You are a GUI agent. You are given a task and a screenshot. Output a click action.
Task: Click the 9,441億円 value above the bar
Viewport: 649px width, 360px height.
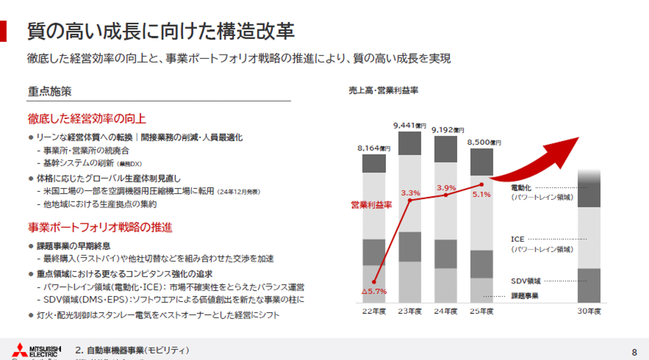click(409, 126)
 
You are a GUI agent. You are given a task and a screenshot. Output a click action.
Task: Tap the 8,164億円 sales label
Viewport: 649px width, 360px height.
click(374, 148)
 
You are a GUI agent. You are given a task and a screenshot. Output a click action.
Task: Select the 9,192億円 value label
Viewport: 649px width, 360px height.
click(448, 130)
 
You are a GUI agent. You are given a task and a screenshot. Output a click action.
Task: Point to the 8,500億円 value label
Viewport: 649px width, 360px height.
click(484, 142)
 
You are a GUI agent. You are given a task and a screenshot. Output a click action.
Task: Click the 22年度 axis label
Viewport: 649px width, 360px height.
click(374, 311)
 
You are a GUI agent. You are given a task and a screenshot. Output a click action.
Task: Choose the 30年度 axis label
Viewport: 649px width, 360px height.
click(589, 311)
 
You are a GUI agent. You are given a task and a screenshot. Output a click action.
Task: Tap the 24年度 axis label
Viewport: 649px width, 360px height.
click(446, 311)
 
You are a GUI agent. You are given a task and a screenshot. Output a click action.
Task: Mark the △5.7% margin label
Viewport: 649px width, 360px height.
click(374, 291)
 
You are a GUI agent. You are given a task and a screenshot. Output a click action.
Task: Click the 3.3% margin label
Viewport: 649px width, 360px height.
click(410, 193)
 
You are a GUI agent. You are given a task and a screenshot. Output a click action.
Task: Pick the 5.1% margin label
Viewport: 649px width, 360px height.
click(481, 194)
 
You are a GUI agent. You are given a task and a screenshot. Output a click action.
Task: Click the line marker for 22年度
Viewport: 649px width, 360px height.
click(374, 282)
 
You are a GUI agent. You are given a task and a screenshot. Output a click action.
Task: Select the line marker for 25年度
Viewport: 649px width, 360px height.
click(481, 185)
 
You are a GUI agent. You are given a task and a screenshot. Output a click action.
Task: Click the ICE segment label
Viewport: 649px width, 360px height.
click(518, 239)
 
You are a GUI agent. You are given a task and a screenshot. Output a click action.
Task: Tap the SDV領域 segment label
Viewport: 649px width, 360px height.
click(526, 281)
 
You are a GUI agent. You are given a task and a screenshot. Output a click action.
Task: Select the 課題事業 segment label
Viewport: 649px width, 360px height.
click(525, 296)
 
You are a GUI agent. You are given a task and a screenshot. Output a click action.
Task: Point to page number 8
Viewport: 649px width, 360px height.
click(634, 353)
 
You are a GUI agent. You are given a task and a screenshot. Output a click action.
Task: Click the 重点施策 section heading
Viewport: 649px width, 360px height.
click(50, 91)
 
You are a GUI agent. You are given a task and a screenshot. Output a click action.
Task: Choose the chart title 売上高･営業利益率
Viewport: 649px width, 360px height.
click(383, 90)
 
